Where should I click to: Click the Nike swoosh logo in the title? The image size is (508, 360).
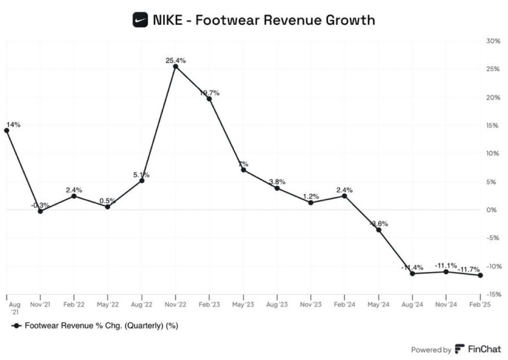tap(141, 20)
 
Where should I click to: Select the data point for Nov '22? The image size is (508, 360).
tap(176, 67)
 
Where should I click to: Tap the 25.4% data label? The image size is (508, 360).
tap(176, 61)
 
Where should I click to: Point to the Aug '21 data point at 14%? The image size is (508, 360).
tap(6, 131)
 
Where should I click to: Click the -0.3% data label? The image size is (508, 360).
tap(40, 205)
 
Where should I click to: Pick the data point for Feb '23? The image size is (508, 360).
tap(209, 99)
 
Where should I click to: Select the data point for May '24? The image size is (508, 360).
tap(379, 230)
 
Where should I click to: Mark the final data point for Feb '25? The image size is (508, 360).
tap(480, 275)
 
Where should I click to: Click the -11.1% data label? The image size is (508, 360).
tap(446, 266)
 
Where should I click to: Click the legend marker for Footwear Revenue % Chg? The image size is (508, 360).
tap(16, 326)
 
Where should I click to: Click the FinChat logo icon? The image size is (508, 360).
tap(460, 349)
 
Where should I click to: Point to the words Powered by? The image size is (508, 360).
tap(431, 350)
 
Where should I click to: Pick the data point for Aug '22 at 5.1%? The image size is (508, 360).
tap(142, 181)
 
